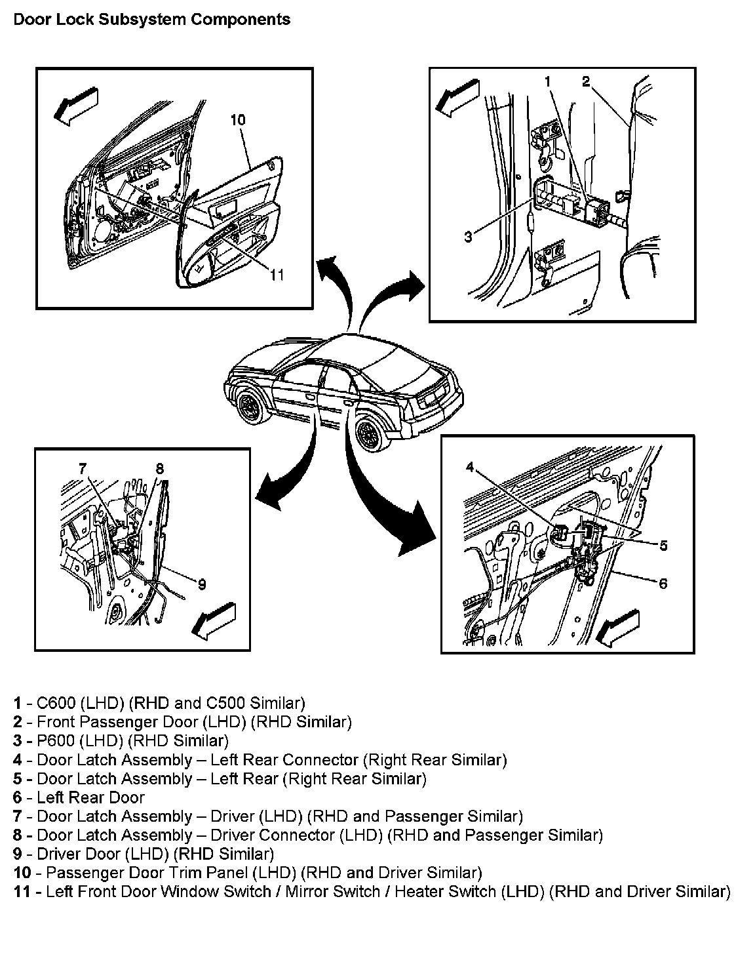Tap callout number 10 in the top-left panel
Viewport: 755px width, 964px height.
238,119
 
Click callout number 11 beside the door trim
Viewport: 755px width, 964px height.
277,275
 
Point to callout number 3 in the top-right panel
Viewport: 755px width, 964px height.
468,237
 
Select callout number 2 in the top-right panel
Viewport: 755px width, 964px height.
586,82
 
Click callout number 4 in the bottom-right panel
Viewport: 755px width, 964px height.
470,467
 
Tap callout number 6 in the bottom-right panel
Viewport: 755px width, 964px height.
663,583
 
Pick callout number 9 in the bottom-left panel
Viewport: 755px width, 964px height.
202,584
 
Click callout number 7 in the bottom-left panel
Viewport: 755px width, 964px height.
83,468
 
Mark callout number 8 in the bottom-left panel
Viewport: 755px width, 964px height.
160,468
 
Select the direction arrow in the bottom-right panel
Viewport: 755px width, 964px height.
619,627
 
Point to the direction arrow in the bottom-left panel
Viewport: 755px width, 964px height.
214,618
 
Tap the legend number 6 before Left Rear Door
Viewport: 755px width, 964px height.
18,797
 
